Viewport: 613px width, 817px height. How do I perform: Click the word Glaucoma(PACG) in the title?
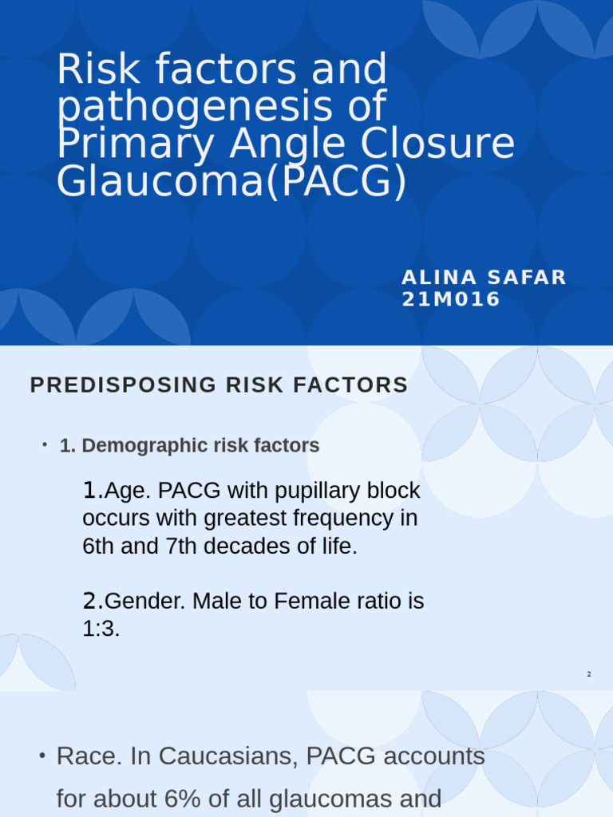pos(231,182)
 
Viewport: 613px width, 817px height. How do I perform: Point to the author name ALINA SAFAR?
pos(484,278)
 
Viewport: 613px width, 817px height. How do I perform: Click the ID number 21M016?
pos(451,299)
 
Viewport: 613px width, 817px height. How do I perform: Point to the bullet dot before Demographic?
pos(45,444)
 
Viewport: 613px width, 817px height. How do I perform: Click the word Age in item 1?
pos(120,490)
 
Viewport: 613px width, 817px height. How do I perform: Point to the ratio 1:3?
pos(101,629)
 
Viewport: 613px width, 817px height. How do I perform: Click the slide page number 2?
pos(589,675)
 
